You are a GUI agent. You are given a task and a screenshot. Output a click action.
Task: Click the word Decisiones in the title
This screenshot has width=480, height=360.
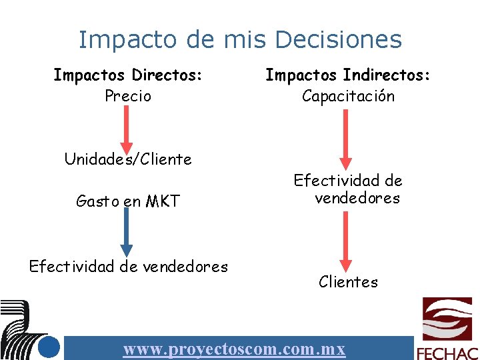tap(338, 39)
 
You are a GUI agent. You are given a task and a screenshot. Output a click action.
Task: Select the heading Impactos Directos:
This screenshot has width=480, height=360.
tap(128, 75)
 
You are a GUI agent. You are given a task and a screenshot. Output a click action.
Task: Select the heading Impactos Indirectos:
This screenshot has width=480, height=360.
tap(348, 75)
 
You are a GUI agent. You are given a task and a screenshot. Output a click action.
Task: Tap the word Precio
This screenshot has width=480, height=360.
tap(128, 96)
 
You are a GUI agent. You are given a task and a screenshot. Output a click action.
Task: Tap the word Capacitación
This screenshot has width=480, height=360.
tap(348, 96)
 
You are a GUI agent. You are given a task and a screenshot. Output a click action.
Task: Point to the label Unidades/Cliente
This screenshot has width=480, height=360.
tap(128, 159)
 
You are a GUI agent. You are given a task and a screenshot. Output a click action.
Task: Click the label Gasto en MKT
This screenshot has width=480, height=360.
tap(128, 201)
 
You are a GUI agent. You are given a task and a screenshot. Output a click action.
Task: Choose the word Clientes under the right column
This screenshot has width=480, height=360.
tap(348, 282)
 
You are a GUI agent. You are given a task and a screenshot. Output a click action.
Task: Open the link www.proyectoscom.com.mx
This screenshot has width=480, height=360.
tap(234, 349)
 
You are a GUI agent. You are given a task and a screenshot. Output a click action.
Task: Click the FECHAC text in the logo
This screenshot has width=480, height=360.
tap(447, 353)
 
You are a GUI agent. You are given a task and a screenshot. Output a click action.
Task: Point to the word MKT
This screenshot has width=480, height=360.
tap(166, 201)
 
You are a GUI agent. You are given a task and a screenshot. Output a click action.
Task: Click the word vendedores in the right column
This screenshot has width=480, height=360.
tap(357, 198)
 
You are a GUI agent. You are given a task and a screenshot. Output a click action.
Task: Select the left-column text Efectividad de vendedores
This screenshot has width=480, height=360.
tap(128, 267)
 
